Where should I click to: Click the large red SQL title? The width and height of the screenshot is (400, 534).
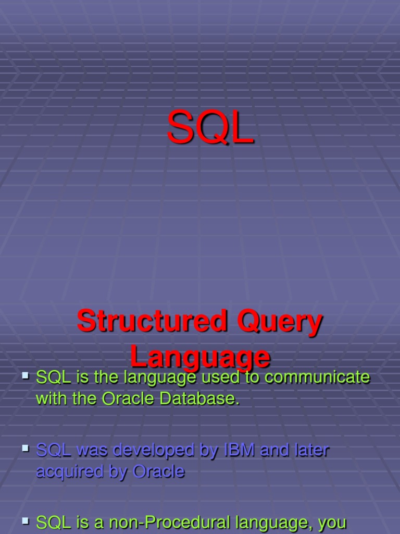210,127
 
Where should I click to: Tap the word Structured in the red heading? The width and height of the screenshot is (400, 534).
152,321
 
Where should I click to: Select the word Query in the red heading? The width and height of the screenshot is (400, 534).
280,323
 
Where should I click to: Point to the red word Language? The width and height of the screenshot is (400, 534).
201,358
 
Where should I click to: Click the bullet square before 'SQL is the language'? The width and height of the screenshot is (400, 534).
25,375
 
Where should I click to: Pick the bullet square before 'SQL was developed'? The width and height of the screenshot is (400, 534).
25,448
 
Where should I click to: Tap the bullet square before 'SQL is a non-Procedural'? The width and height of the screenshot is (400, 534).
25,520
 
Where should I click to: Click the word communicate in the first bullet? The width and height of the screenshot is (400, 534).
317,378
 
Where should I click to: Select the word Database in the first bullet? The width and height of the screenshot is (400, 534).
199,398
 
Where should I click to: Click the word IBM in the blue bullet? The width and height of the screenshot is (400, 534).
239,450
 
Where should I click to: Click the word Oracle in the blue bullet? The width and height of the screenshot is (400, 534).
158,471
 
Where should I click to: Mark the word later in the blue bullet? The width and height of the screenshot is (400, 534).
312,450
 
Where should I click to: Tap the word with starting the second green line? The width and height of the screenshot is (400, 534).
51,398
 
